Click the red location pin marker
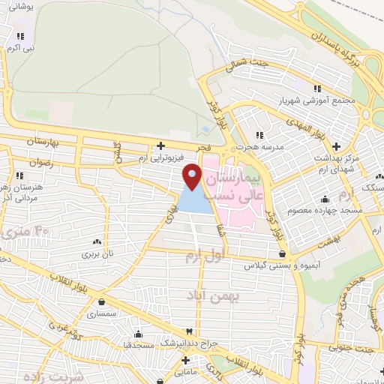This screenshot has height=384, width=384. pyautogui.click(x=193, y=177)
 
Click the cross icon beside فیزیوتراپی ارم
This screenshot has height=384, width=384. pyautogui.click(x=160, y=145)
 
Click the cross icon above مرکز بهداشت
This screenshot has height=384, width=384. pyautogui.click(x=335, y=145)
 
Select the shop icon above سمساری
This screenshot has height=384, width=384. pyautogui.click(x=100, y=302)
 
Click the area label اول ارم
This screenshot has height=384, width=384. pyautogui.click(x=203, y=256)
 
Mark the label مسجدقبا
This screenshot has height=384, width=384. pyautogui.click(x=138, y=346)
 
